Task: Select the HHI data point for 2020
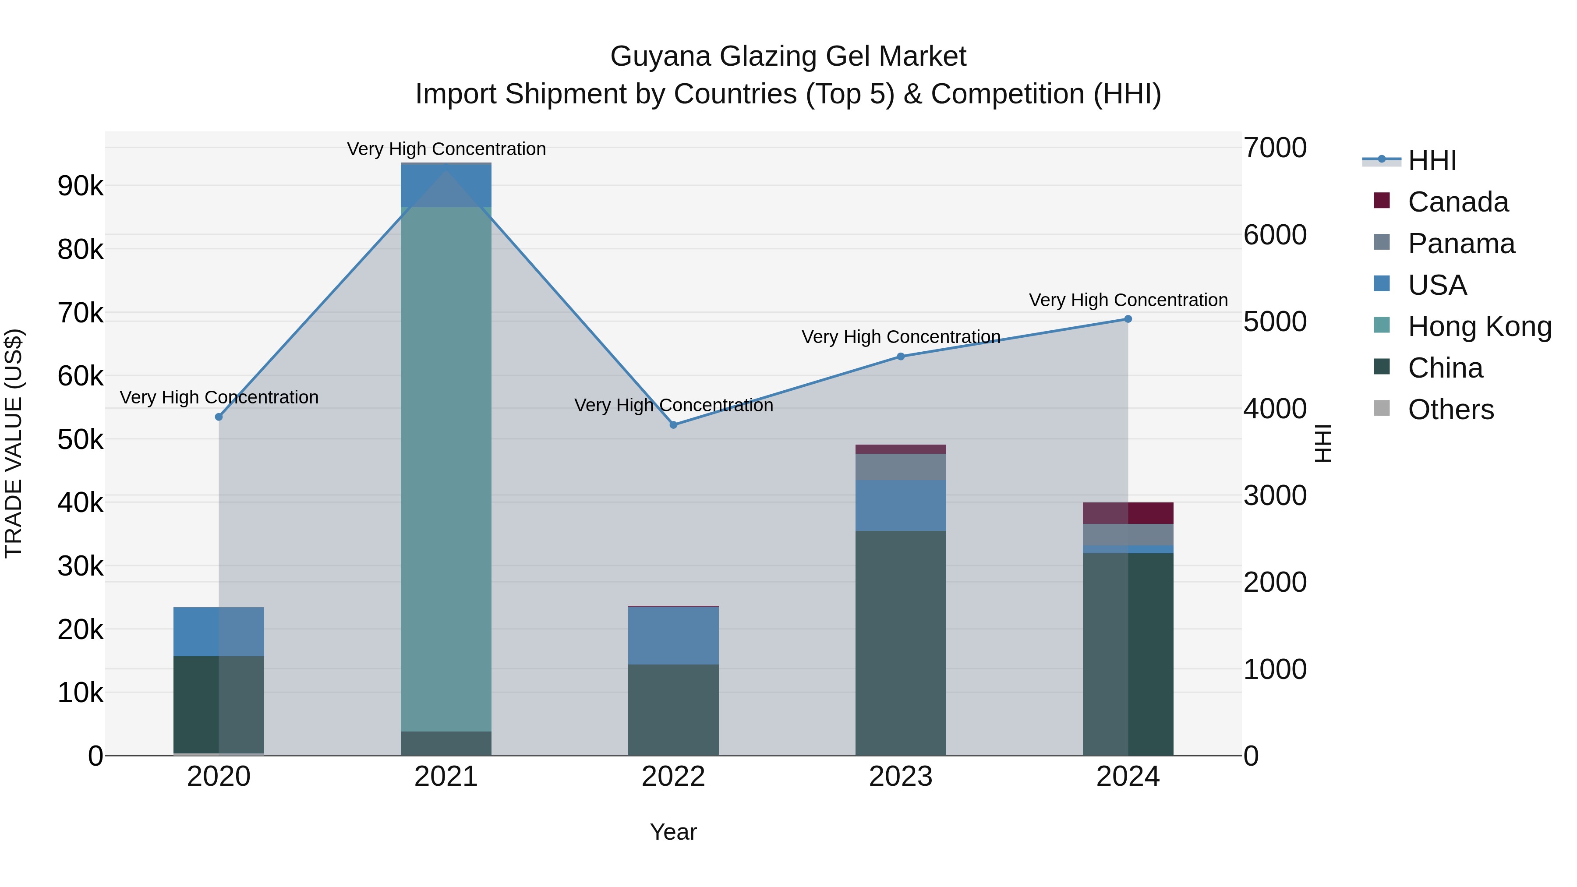[x=219, y=417]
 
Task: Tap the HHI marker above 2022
[x=673, y=425]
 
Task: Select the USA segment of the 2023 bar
[x=901, y=505]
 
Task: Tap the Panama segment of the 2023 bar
[x=901, y=466]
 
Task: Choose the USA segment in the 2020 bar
[x=219, y=631]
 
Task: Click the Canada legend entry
[x=1457, y=202]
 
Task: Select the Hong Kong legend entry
[x=1478, y=326]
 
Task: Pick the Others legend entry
[x=1450, y=410]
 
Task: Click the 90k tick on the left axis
[x=80, y=186]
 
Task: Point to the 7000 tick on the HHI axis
[x=1275, y=148]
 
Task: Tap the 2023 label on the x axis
[x=901, y=777]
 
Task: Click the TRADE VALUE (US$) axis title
[x=14, y=443]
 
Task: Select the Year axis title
[x=673, y=832]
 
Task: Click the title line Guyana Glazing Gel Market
[x=788, y=57]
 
